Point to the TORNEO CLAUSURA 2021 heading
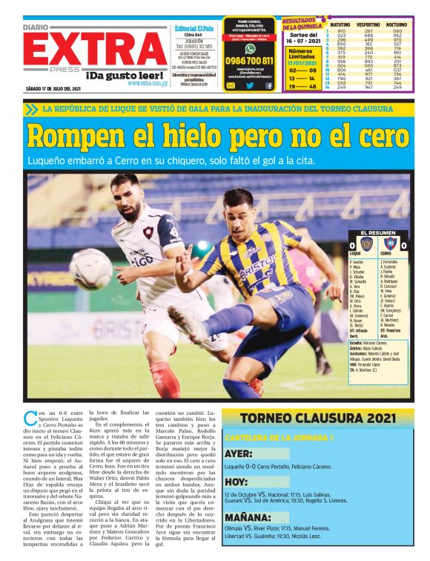tap(317, 420)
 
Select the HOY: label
tap(239, 482)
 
